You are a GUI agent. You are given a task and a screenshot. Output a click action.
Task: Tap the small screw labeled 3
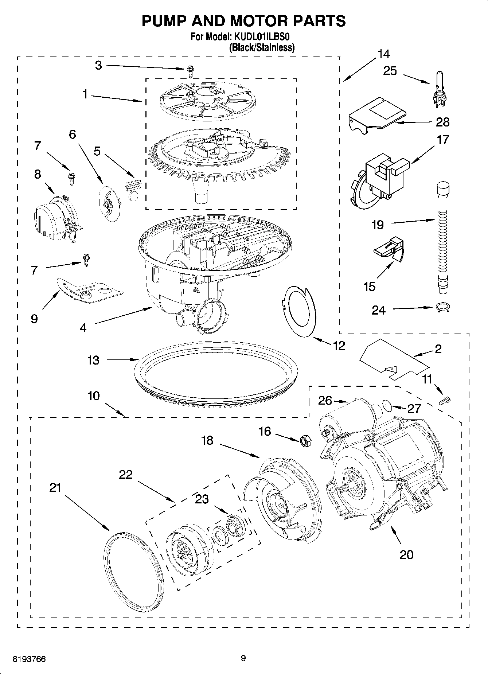pyautogui.click(x=190, y=71)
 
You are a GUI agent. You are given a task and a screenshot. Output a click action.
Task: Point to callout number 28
pyautogui.click(x=442, y=122)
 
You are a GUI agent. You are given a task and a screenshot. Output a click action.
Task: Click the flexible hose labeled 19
pyautogui.click(x=442, y=237)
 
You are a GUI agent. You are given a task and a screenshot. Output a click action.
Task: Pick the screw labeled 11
pyautogui.click(x=445, y=400)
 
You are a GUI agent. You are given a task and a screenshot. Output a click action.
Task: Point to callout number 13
pyautogui.click(x=93, y=360)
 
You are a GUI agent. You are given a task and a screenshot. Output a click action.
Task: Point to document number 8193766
pyautogui.click(x=29, y=659)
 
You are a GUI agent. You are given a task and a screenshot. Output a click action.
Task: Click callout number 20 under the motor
pyautogui.click(x=406, y=554)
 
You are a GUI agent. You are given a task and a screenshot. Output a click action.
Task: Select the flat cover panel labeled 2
pyautogui.click(x=390, y=359)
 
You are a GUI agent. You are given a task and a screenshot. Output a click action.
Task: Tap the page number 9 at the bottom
pyautogui.click(x=243, y=658)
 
